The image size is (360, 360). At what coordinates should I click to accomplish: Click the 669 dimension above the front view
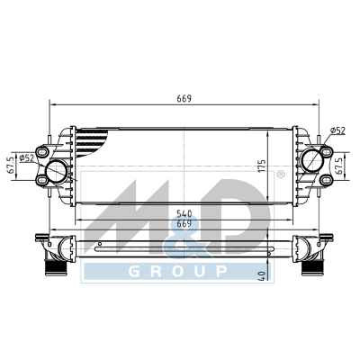[184, 98]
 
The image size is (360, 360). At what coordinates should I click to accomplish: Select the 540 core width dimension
[184, 213]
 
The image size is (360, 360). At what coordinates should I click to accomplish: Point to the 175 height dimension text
[262, 166]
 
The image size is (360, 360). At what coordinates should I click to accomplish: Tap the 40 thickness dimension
[263, 276]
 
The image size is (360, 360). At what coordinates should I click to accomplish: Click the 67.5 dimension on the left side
[12, 166]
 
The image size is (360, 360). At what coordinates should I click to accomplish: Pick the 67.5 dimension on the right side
[339, 166]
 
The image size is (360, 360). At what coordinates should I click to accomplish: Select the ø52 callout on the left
[27, 157]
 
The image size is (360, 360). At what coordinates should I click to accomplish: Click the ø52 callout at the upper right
[337, 130]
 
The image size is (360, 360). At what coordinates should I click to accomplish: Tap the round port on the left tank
[56, 172]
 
